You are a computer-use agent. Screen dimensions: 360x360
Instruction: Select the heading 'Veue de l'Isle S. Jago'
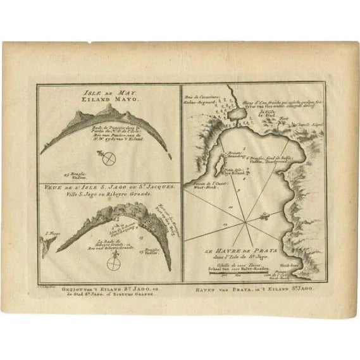[109, 188]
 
